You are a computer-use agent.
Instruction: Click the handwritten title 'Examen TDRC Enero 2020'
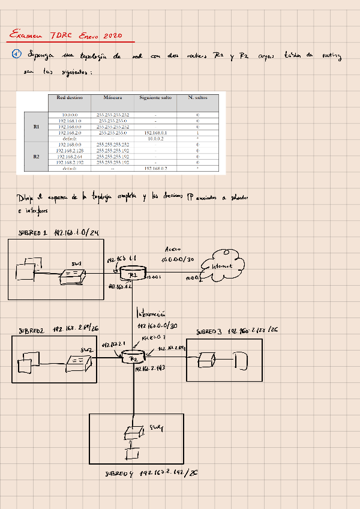coord(66,35)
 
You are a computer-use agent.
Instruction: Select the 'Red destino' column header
coord(70,97)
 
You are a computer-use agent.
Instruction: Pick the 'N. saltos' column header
coord(197,97)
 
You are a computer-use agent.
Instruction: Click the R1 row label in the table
coord(36,127)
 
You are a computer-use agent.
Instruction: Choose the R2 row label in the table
coord(36,156)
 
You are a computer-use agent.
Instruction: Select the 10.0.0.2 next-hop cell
coord(156,139)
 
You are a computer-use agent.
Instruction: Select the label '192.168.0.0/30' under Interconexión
coord(157,326)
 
